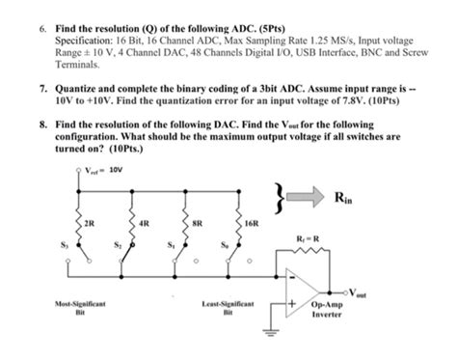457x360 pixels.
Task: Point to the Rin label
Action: pos(342,201)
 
